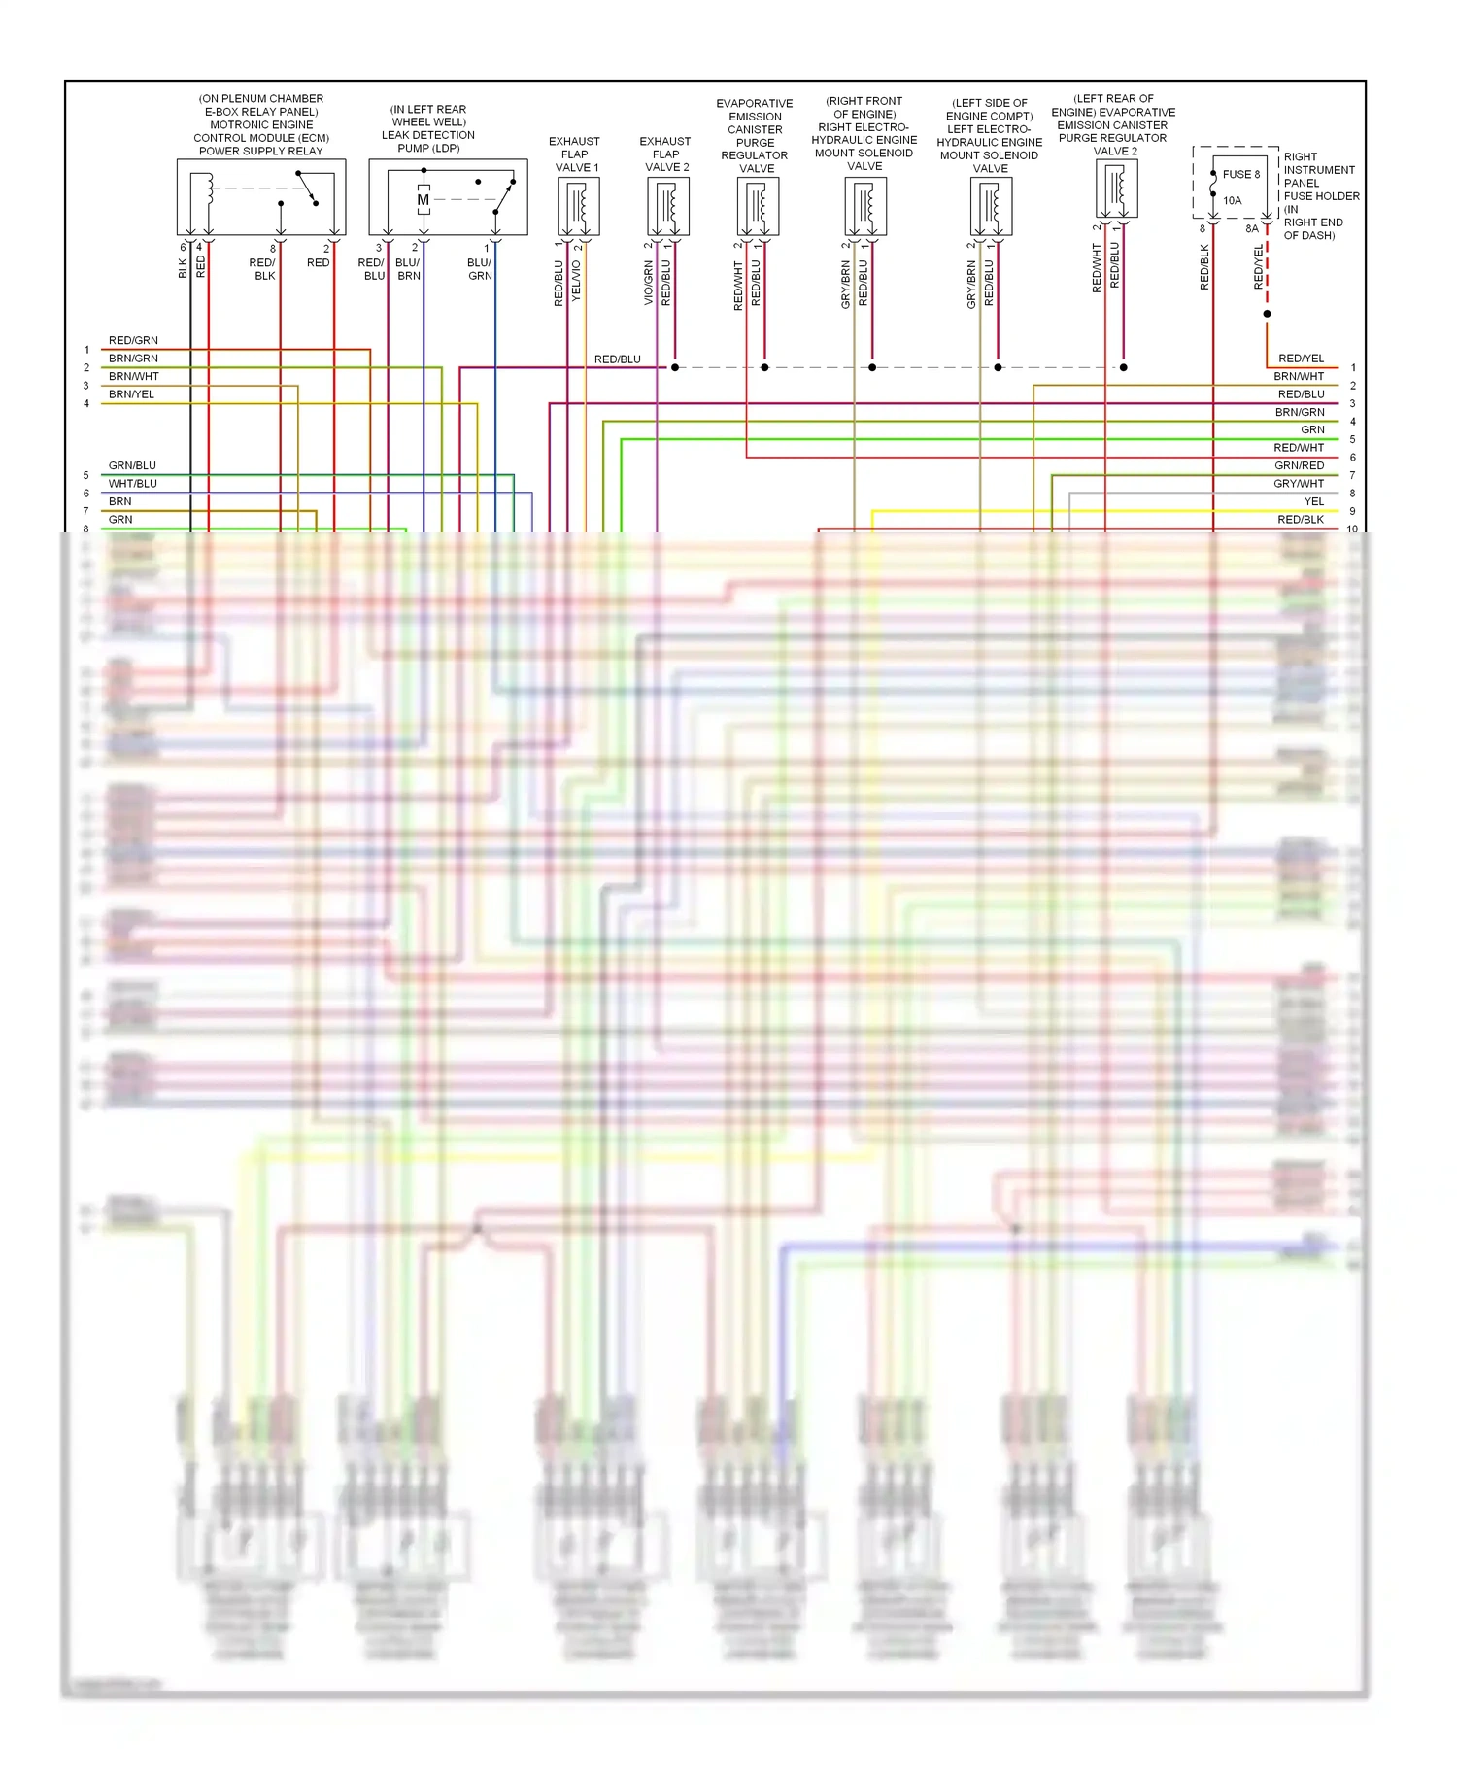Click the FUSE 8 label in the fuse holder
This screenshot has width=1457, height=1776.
point(1240,175)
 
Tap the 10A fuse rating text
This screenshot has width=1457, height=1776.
point(1232,201)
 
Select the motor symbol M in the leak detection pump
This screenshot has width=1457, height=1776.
point(423,200)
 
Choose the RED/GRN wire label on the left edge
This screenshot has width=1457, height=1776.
point(133,341)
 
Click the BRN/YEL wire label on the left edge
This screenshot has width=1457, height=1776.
point(131,394)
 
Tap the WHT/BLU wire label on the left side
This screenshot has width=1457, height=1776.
point(132,484)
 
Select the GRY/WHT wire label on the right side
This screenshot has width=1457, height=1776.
point(1299,484)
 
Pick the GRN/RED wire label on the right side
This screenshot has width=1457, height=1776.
point(1299,466)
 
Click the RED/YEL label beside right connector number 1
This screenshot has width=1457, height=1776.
point(1301,359)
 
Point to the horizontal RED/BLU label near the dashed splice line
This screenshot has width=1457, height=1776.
point(617,359)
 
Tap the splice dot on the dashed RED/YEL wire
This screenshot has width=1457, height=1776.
point(1267,314)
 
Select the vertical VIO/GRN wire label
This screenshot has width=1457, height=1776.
point(649,283)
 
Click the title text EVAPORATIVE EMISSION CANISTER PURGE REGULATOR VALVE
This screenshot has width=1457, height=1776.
point(755,136)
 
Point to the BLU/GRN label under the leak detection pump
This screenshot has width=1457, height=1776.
point(480,269)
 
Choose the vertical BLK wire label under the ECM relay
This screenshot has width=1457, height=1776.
point(183,268)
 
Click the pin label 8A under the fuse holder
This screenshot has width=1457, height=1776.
point(1252,229)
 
